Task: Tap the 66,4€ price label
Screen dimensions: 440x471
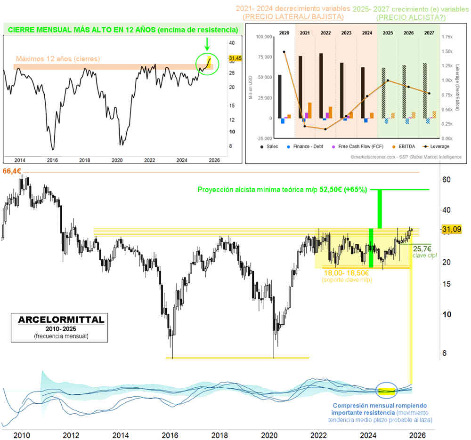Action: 11,171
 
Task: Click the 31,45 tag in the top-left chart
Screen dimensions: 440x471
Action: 228,58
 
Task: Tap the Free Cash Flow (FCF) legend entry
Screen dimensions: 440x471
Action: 361,146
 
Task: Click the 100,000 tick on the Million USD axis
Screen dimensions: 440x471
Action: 263,36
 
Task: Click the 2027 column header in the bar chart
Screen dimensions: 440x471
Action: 429,33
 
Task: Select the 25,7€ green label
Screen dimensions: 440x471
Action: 422,248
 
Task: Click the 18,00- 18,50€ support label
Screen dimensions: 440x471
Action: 346,272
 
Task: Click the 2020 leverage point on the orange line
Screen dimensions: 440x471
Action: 284,52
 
